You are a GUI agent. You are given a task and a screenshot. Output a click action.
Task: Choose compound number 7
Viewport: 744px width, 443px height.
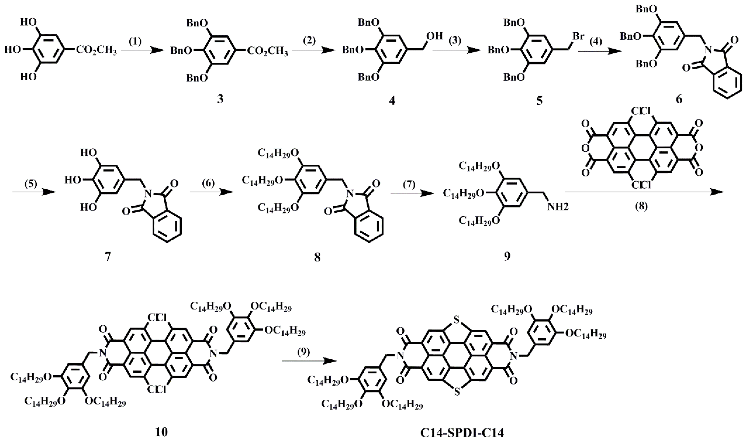(x=108, y=257)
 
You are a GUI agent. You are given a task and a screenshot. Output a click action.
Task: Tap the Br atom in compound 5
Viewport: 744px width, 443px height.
(x=579, y=36)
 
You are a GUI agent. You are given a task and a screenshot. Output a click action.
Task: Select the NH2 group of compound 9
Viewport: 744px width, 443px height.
(x=558, y=207)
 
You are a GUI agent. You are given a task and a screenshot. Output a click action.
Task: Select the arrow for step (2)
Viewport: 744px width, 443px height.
(x=313, y=51)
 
